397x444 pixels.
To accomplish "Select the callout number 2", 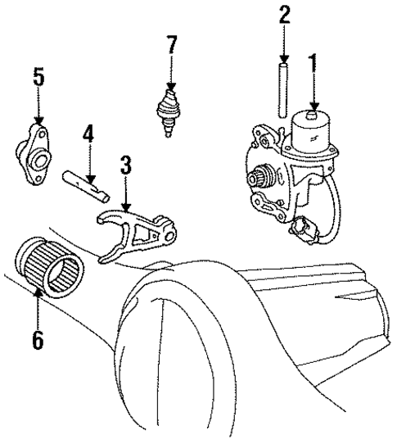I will pos(284,16).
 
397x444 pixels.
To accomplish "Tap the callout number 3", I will pos(125,165).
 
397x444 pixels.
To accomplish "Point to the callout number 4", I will pos(88,133).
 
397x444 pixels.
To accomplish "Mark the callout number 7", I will pos(171,44).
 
